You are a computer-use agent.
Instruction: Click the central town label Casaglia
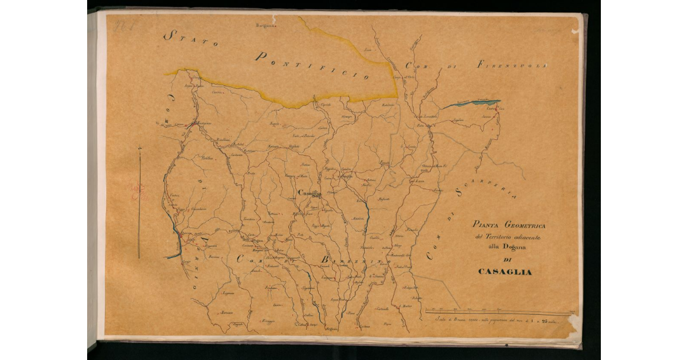click(310, 193)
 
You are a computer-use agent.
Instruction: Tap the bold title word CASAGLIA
click(505, 272)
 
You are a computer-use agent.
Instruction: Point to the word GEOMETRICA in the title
click(523, 226)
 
